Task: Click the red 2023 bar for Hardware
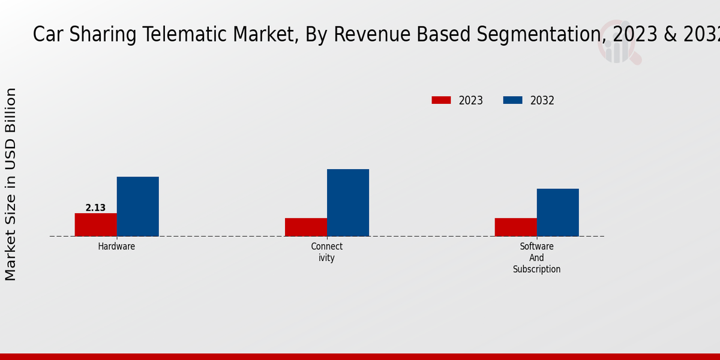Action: [x=95, y=224]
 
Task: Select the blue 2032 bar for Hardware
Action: [x=137, y=206]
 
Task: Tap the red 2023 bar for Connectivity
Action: [x=305, y=227]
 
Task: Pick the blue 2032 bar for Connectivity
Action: [x=347, y=203]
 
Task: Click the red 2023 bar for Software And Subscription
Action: [x=515, y=227]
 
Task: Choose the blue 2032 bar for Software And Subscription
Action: [x=557, y=212]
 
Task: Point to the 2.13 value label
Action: [x=95, y=208]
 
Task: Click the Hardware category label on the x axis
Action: [x=116, y=247]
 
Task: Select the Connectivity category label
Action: [x=326, y=252]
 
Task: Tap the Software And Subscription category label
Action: [x=536, y=258]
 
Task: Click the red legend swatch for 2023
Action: [x=441, y=100]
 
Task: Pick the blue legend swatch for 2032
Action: [x=512, y=100]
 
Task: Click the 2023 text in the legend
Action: [x=470, y=101]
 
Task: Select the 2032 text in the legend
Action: [x=542, y=101]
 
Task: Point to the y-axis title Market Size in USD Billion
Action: [x=11, y=184]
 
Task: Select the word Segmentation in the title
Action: [x=535, y=35]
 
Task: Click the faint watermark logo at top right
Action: [x=618, y=42]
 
